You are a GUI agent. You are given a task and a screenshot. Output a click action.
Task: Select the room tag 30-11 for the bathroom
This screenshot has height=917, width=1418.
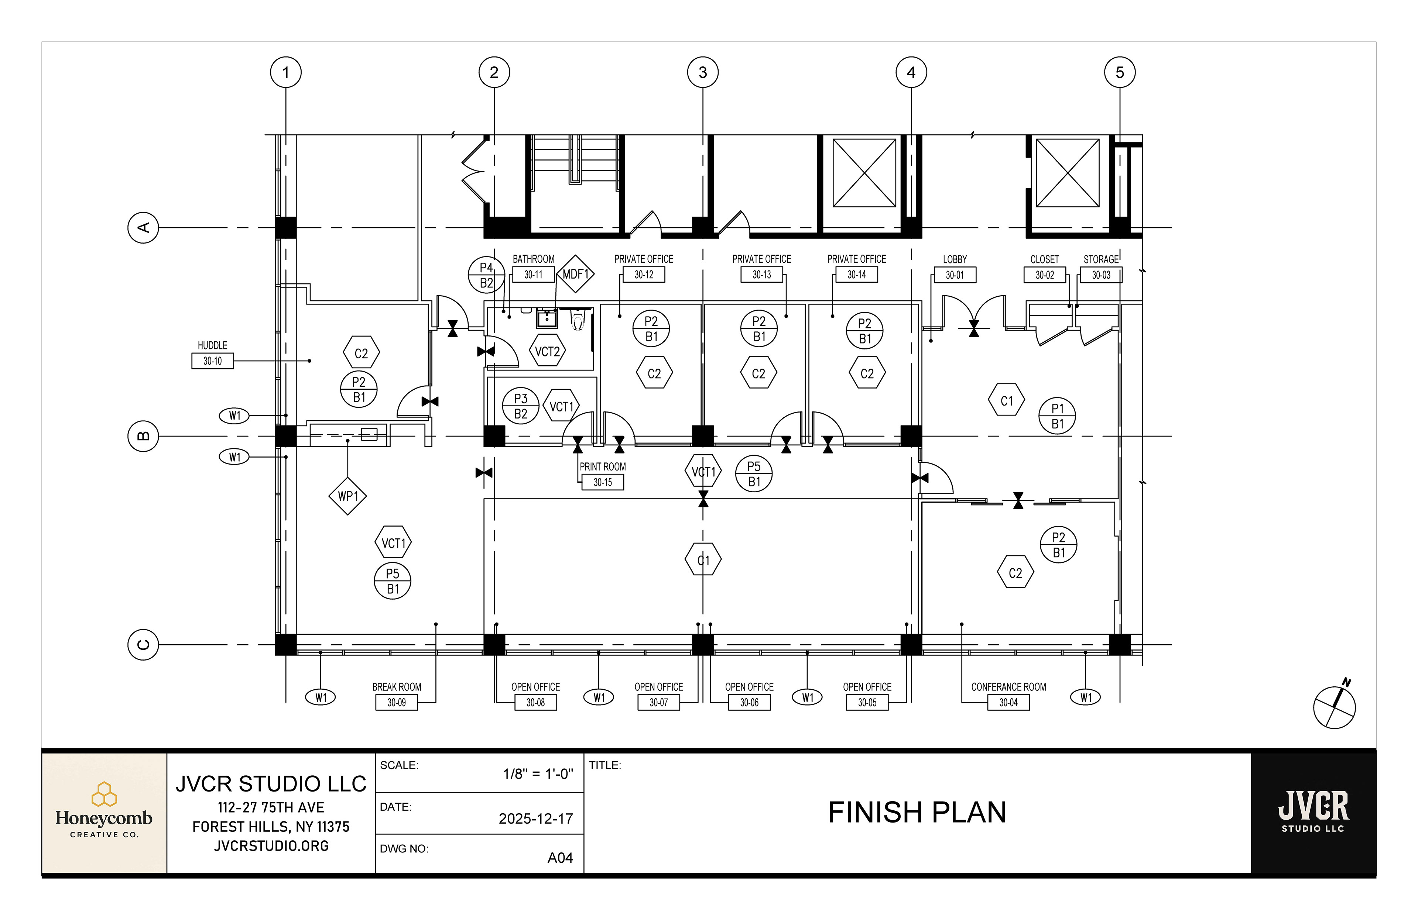pos(533,275)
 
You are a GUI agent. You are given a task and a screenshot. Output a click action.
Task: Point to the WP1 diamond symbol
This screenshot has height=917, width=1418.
pos(348,496)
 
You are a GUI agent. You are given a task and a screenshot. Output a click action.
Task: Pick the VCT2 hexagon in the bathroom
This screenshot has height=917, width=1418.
pos(548,352)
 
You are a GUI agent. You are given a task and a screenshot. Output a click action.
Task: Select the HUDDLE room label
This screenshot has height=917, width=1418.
pos(213,345)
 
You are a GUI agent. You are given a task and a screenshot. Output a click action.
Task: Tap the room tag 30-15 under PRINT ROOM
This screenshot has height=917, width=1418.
pos(602,482)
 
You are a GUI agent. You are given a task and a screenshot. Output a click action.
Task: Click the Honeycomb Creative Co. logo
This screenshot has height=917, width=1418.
pos(104,810)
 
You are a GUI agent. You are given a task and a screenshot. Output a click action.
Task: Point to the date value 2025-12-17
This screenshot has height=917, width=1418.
pos(535,819)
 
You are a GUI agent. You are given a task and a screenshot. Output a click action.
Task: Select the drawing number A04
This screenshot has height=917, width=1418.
pos(560,858)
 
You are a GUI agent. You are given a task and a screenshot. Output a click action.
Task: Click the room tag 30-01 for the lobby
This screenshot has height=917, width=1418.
pos(955,275)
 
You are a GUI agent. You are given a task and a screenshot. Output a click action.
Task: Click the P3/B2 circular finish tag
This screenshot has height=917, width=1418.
pos(520,406)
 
